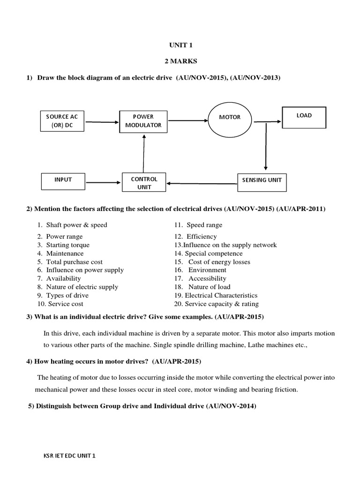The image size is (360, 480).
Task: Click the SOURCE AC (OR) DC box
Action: point(62,121)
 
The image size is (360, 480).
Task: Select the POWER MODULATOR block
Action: point(143,120)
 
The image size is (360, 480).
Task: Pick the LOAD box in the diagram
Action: point(304,117)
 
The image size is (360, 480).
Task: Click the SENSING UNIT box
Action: point(262,180)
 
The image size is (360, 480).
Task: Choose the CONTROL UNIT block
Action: point(144,183)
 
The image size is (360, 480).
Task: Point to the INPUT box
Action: point(63,180)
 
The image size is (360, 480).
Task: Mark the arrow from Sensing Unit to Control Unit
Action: point(202,183)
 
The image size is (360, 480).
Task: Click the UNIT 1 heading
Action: point(180,45)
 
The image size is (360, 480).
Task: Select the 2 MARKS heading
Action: point(180,61)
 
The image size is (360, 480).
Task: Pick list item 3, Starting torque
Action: point(67,245)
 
